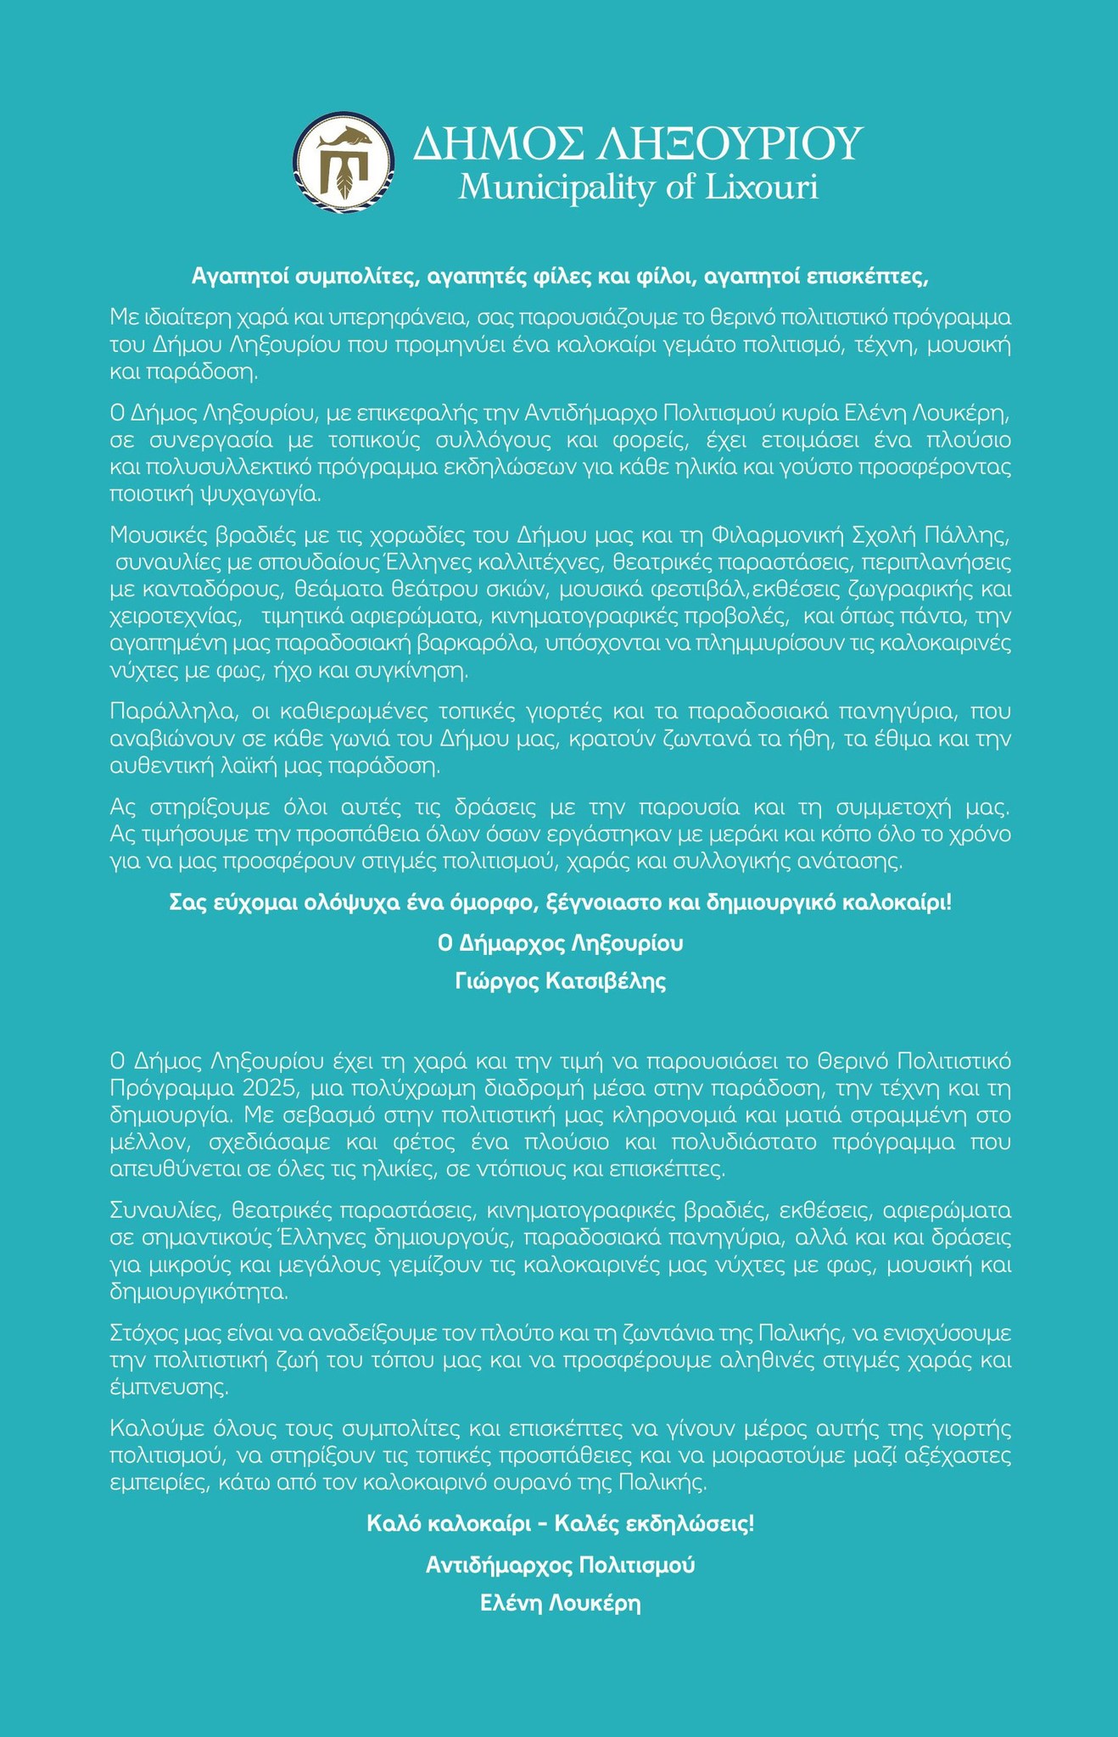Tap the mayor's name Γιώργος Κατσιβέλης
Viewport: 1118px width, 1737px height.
point(560,981)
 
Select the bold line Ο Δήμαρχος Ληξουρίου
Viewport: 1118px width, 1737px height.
point(560,943)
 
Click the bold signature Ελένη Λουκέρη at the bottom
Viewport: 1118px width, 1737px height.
point(560,1604)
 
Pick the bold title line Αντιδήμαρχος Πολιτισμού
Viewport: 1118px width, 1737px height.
point(560,1565)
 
